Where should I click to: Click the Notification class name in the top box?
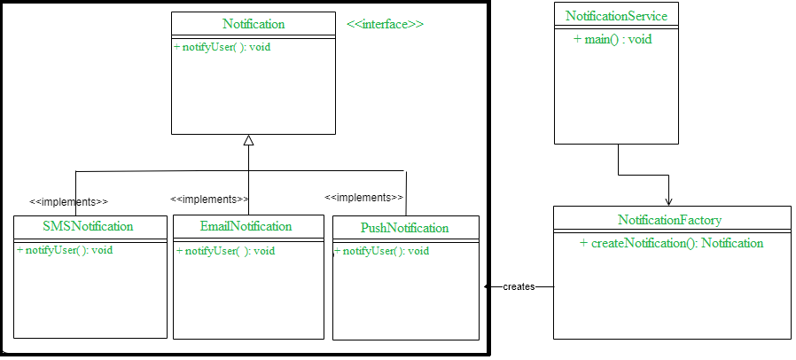(254, 23)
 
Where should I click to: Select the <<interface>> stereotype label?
(385, 24)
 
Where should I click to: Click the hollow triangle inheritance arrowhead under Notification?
(249, 140)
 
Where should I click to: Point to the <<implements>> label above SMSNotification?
(68, 201)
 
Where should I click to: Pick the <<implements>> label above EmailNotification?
(209, 200)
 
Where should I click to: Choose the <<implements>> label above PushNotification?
(363, 197)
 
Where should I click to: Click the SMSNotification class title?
(88, 226)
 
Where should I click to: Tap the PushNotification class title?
(404, 228)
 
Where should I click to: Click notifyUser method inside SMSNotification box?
(65, 250)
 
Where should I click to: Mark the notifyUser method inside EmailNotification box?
(225, 251)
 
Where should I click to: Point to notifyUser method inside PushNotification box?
(382, 251)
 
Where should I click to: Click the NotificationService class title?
(616, 16)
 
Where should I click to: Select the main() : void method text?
(613, 39)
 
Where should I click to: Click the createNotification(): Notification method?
(671, 243)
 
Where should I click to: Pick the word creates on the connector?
(519, 287)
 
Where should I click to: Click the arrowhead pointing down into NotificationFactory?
(668, 201)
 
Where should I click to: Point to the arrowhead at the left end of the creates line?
(488, 286)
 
